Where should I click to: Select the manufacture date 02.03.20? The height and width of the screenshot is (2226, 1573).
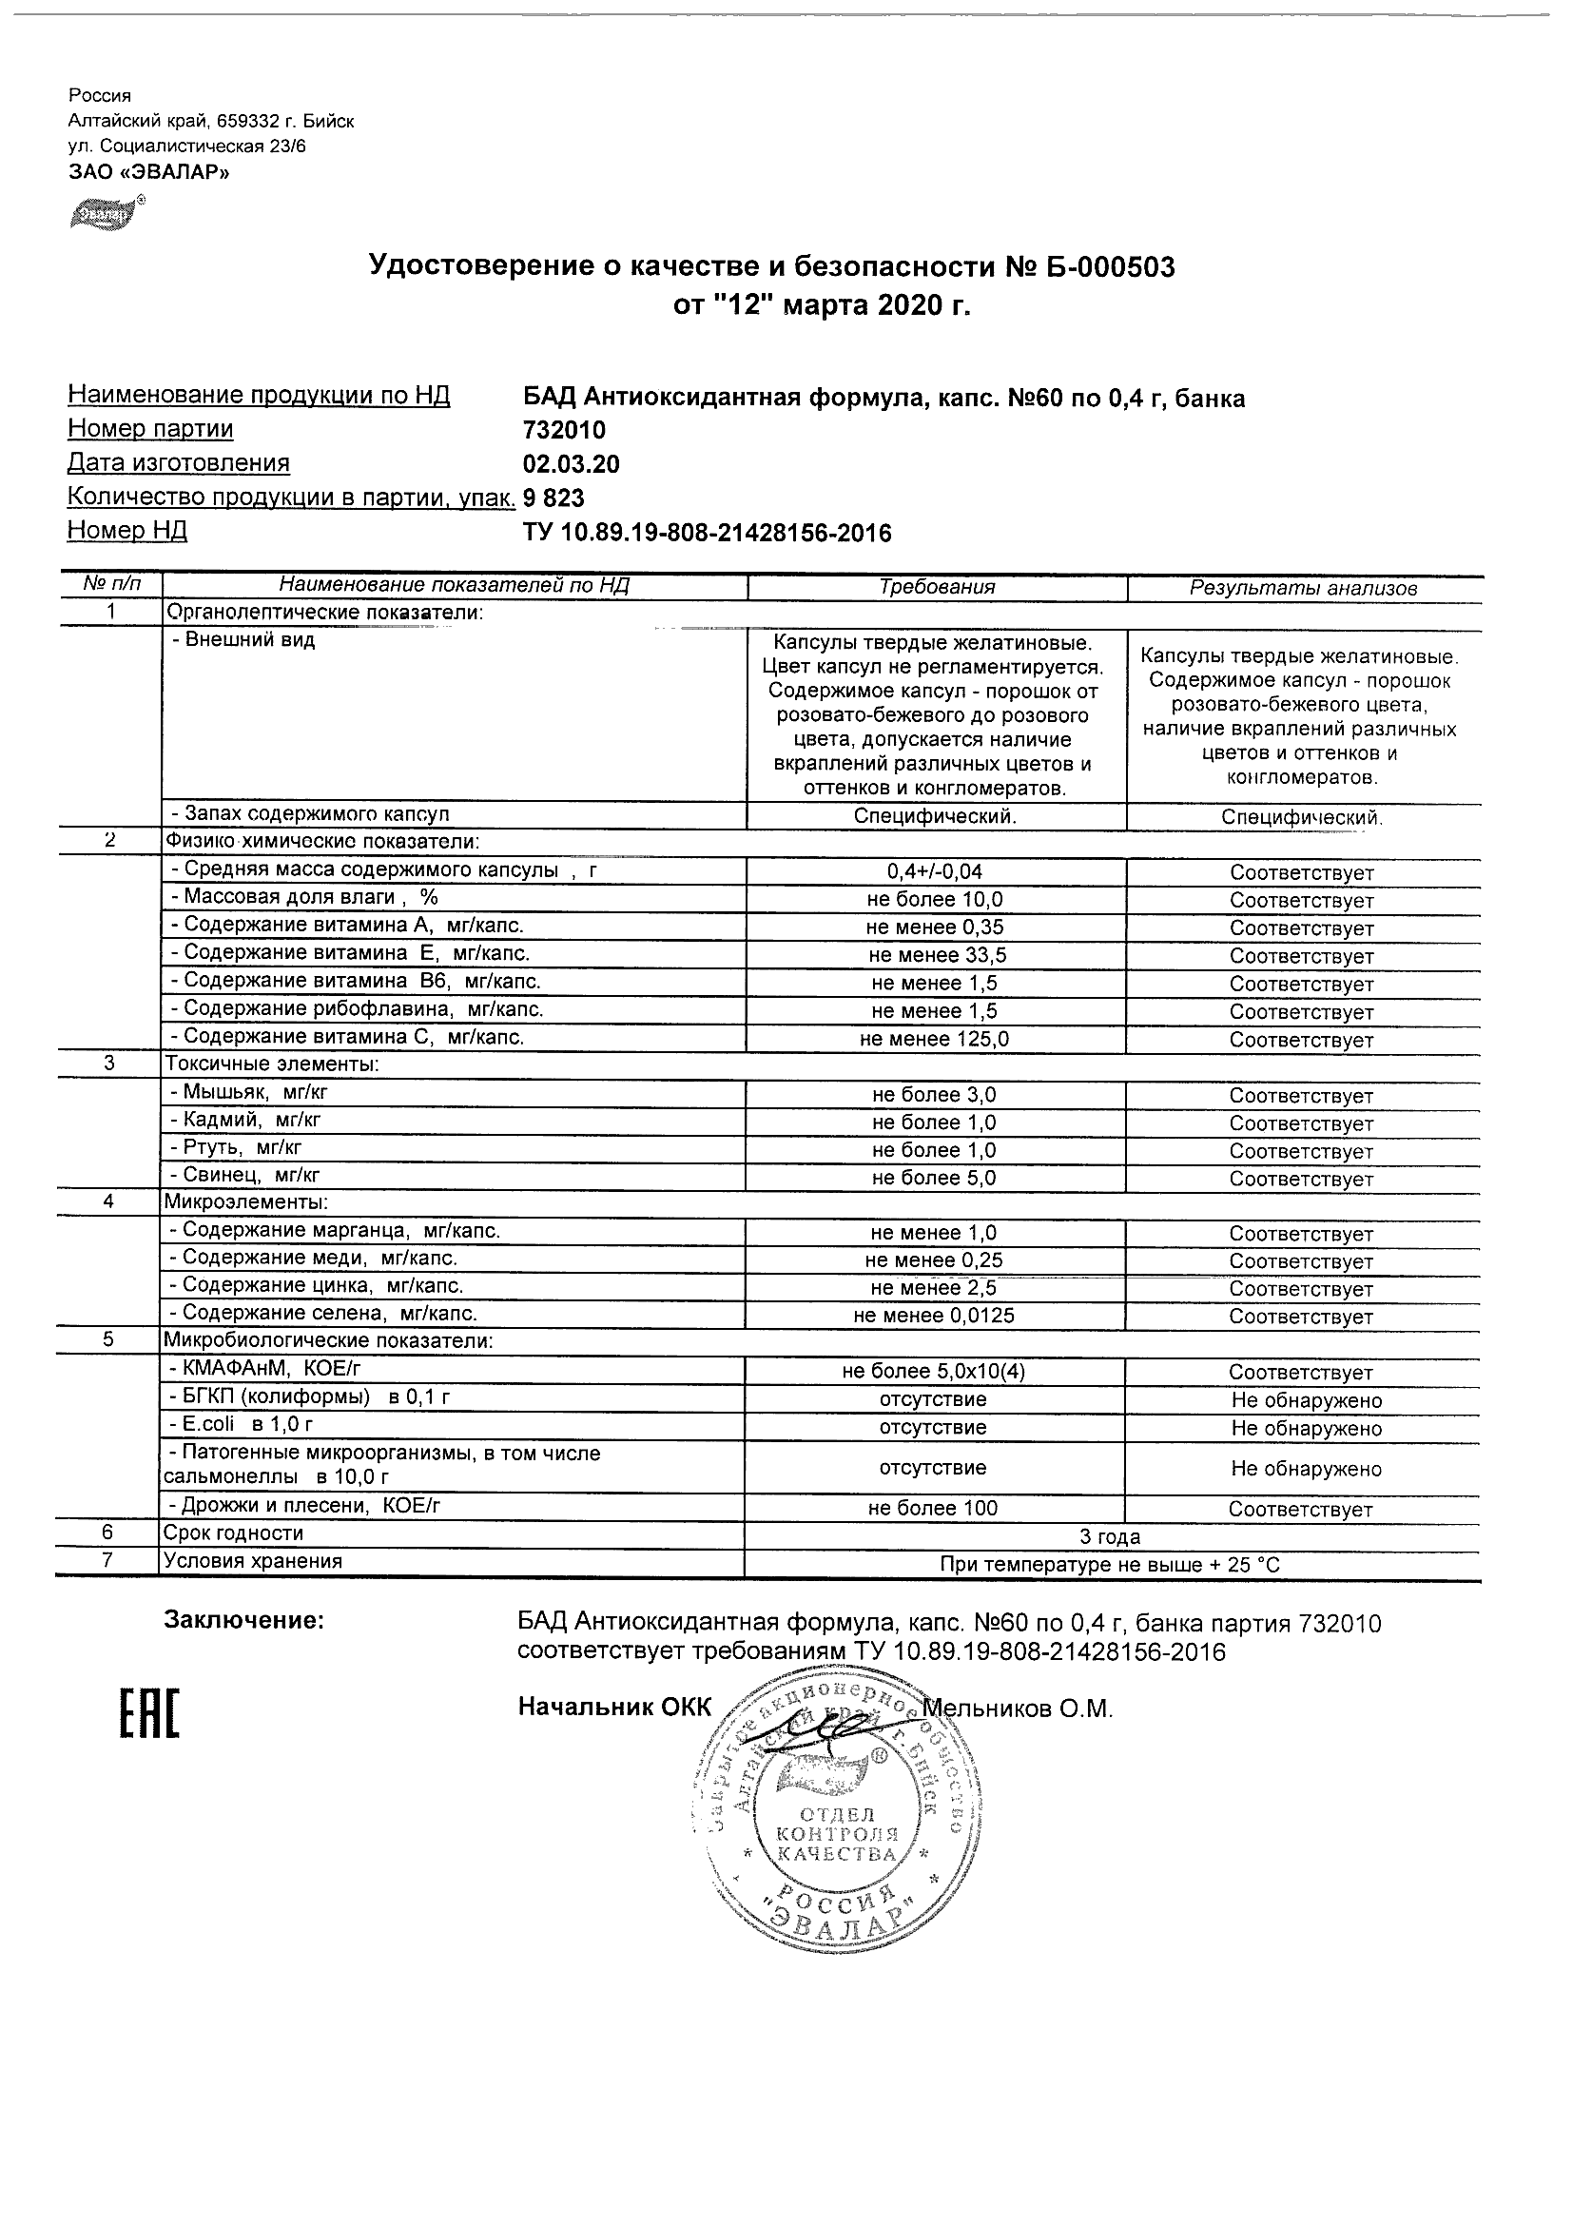[571, 463]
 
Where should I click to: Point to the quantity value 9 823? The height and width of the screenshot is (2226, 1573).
[554, 498]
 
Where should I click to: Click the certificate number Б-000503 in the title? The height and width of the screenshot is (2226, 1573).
[1103, 266]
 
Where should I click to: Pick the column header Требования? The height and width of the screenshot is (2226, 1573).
[936, 587]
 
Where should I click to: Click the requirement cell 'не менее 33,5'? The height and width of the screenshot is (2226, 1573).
[937, 955]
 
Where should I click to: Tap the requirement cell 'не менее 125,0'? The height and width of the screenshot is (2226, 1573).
[937, 1040]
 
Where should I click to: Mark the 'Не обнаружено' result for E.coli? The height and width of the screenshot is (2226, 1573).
[1307, 1428]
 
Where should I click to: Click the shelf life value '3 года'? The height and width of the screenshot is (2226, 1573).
[1110, 1536]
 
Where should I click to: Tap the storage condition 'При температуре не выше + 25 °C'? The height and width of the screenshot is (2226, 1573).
[1110, 1565]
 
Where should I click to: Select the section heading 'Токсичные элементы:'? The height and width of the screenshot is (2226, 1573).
[271, 1064]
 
